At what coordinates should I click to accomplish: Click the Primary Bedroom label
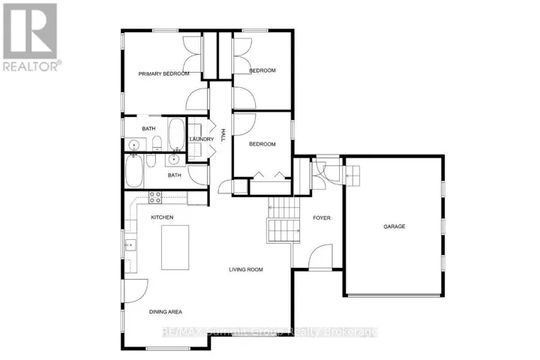tap(163, 73)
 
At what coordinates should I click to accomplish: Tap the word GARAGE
tap(394, 226)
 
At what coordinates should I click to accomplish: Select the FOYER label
tap(322, 217)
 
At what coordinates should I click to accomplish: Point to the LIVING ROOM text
tap(246, 269)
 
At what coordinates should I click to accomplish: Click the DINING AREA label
tap(166, 312)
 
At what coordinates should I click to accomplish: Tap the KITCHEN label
tap(162, 217)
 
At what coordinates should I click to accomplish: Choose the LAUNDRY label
tap(202, 139)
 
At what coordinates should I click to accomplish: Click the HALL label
tap(223, 135)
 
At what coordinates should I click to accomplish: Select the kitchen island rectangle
tap(175, 247)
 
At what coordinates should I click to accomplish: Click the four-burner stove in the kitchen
tap(155, 197)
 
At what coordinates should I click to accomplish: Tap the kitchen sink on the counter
tap(130, 245)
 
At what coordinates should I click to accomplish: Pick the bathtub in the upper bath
tap(177, 134)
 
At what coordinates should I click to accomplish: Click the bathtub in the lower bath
tap(134, 171)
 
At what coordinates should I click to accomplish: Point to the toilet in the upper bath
tap(157, 143)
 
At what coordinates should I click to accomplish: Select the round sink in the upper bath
tap(133, 145)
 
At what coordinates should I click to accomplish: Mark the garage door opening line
tap(394, 295)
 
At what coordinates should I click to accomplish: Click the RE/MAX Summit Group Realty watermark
tap(270, 331)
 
